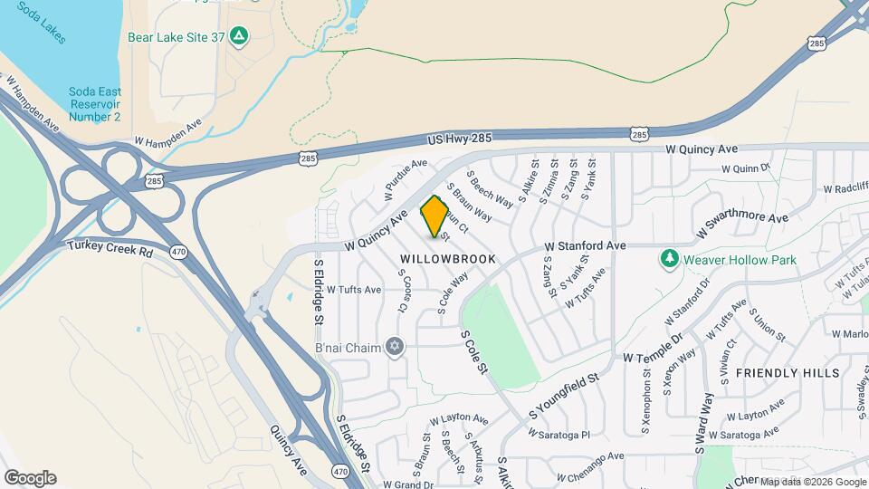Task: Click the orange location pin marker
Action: click(x=434, y=216)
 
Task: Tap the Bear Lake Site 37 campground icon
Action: click(x=238, y=37)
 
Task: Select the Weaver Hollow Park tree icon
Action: click(x=670, y=259)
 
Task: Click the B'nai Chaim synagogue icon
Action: click(x=394, y=345)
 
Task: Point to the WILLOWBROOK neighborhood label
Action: click(x=448, y=259)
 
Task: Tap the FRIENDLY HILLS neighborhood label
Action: click(x=787, y=373)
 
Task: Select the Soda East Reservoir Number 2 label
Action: click(x=94, y=104)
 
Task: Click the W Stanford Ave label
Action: click(x=585, y=245)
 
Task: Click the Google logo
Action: click(x=30, y=478)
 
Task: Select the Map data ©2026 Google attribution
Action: click(x=812, y=482)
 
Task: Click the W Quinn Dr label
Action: click(x=744, y=168)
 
